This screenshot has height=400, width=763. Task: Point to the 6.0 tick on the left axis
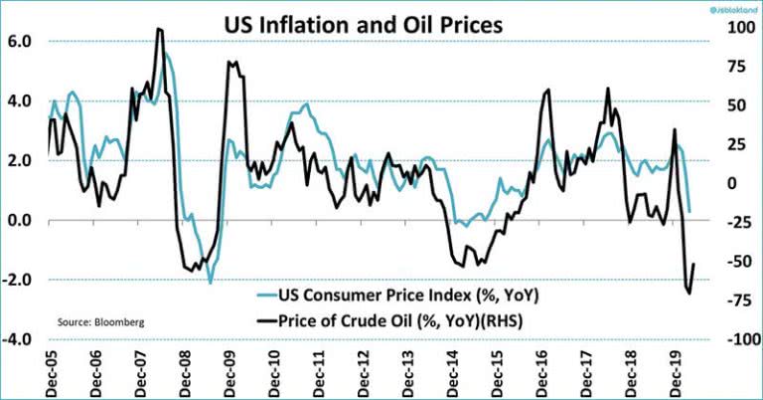click(x=20, y=41)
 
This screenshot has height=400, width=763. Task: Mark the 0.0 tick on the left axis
click(x=20, y=220)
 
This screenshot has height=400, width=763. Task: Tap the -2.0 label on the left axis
click(x=18, y=280)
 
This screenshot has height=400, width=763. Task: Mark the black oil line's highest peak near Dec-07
click(x=159, y=29)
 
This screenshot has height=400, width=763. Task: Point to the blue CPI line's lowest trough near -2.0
click(x=210, y=283)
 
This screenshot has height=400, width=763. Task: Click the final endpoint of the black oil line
click(x=693, y=264)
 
